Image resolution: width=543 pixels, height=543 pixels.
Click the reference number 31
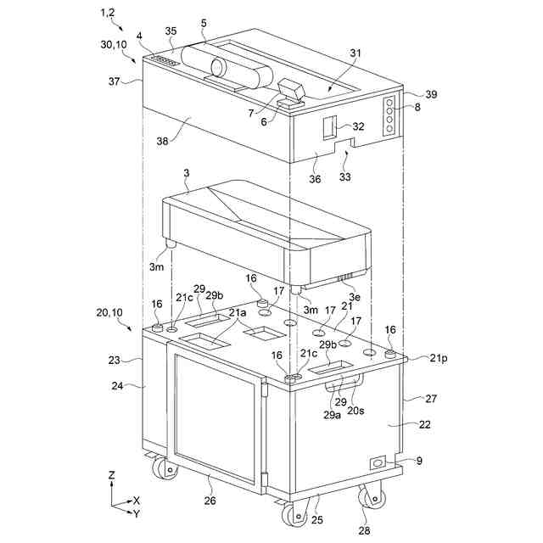355,53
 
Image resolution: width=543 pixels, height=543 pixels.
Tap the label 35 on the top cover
171,31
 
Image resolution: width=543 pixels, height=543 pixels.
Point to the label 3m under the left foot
156,267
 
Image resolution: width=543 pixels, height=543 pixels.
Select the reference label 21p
439,358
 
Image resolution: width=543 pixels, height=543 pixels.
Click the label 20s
356,411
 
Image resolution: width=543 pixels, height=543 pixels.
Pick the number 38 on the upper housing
162,141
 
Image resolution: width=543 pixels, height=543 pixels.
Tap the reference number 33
345,177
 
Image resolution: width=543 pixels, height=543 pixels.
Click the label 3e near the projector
355,297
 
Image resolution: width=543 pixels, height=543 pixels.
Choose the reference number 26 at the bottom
210,500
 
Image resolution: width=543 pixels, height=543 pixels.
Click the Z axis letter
111,475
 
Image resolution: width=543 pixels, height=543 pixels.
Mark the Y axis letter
137,514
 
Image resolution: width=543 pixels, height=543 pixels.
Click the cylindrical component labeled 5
227,67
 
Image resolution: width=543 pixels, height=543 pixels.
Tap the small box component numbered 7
292,89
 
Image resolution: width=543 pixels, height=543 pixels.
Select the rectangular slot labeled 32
330,127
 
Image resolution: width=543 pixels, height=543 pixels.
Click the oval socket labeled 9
378,462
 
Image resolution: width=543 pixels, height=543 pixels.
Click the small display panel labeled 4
165,61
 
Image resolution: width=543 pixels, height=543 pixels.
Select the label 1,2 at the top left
108,13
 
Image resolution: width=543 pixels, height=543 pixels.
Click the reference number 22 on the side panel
424,424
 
